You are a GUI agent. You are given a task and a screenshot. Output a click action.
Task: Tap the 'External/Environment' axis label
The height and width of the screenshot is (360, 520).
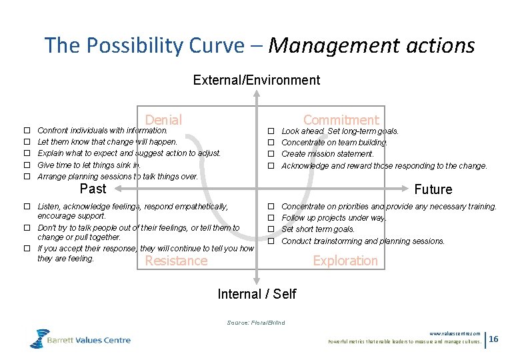[256, 81]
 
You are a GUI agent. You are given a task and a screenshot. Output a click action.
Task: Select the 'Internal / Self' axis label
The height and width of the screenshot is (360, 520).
[257, 294]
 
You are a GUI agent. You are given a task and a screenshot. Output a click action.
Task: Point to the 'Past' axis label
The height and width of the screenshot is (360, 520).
[93, 189]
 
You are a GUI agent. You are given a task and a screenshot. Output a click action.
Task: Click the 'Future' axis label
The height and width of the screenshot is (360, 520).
[433, 189]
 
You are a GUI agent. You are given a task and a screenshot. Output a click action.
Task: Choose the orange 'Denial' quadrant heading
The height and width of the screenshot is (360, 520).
[163, 120]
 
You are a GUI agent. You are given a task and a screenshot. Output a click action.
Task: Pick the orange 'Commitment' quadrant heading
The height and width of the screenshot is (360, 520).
[341, 120]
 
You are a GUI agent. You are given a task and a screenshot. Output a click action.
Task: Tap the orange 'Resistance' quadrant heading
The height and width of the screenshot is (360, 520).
[176, 261]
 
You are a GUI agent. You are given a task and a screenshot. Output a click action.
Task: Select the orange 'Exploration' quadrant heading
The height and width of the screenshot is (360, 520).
[345, 261]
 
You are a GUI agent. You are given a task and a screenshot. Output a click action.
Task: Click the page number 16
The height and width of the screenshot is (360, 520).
[493, 339]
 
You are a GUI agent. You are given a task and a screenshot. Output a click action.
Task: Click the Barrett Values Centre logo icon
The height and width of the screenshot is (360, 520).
[39, 339]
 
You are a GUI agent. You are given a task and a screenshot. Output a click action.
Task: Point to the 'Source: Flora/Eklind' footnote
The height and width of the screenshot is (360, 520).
[255, 323]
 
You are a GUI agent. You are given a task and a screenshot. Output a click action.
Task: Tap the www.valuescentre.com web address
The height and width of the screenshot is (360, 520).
[455, 333]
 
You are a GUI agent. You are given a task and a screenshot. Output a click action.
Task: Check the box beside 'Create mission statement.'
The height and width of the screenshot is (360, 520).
[271, 154]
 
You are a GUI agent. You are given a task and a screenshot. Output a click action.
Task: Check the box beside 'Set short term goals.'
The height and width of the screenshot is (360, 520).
[271, 229]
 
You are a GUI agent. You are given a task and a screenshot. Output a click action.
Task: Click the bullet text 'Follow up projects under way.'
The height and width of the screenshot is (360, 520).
[333, 218]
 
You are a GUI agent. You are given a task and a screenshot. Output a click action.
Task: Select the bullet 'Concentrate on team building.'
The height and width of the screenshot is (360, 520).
[334, 143]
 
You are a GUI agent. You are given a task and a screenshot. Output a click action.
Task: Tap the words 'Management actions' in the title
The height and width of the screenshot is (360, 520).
[371, 45]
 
